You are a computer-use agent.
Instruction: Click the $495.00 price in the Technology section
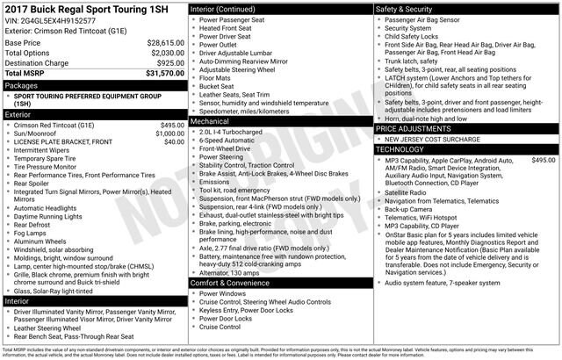[544, 161]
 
